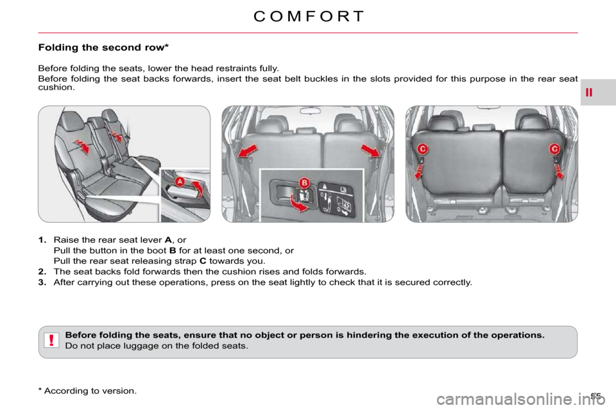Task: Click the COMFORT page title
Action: [309, 17]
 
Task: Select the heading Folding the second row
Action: [103, 47]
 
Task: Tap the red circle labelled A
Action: [180, 182]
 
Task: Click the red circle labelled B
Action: [304, 183]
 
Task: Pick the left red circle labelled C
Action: [422, 149]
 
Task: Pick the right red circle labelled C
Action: [554, 149]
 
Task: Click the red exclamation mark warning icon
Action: [51, 340]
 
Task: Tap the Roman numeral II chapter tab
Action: [589, 93]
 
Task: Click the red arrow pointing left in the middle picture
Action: [248, 151]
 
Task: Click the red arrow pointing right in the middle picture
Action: [370, 151]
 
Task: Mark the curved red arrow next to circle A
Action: [198, 188]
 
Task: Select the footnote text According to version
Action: [90, 391]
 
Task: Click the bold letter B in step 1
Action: [172, 250]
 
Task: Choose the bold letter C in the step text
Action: [203, 261]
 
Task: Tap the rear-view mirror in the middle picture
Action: [311, 111]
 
